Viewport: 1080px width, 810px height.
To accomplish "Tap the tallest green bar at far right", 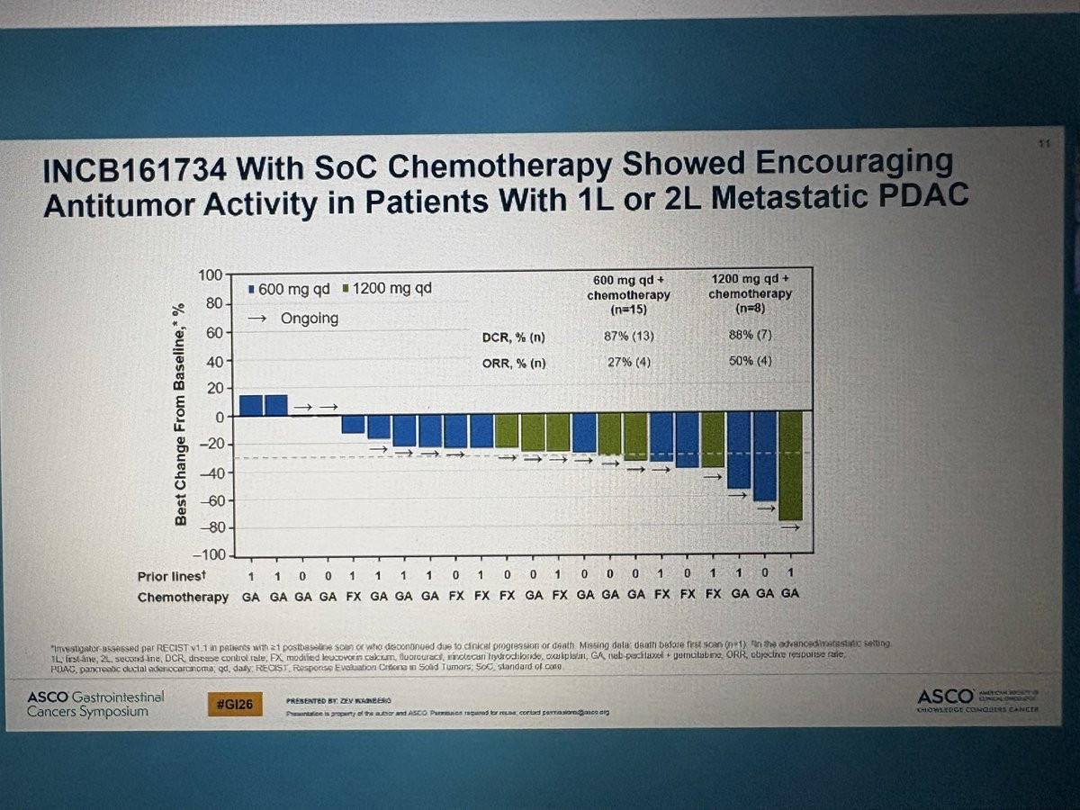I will pyautogui.click(x=791, y=465).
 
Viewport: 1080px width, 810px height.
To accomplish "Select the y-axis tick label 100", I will pyautogui.click(x=210, y=274).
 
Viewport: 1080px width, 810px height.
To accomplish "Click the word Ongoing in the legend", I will pyautogui.click(x=309, y=318).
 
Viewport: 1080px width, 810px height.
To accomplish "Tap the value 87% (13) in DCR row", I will pyautogui.click(x=626, y=337).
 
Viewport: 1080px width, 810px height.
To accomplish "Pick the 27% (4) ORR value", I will pyautogui.click(x=626, y=363).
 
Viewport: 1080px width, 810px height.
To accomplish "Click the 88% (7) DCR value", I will pyautogui.click(x=750, y=336).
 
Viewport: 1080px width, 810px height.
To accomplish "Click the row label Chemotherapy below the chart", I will pyautogui.click(x=183, y=597).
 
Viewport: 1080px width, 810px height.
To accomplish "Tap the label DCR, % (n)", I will pyautogui.click(x=514, y=337).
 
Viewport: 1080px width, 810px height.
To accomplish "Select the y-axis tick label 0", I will pyautogui.click(x=218, y=417).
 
